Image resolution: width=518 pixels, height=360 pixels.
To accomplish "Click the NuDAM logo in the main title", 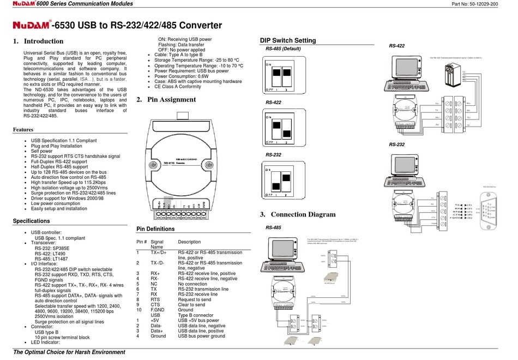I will (32, 25).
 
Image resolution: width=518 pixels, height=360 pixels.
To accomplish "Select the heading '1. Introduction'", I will (38, 41).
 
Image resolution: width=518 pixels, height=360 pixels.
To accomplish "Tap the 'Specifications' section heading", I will (31, 221).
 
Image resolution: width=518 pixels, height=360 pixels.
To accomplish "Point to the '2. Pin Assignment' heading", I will (166, 100).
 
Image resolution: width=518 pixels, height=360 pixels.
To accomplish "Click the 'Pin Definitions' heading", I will (155, 229).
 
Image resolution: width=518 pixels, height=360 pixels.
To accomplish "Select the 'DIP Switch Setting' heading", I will (287, 40).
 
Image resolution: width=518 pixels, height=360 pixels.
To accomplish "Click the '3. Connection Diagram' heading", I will (298, 214).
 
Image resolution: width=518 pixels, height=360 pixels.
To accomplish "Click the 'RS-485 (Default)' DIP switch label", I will (283, 49).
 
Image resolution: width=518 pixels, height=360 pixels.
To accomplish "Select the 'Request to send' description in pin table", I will (195, 299).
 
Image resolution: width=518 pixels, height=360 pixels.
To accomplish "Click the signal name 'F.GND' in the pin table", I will (157, 310).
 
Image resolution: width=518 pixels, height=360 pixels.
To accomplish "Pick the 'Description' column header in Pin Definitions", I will (190, 242).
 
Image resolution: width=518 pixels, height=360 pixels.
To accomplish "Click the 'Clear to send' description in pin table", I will (192, 305).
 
